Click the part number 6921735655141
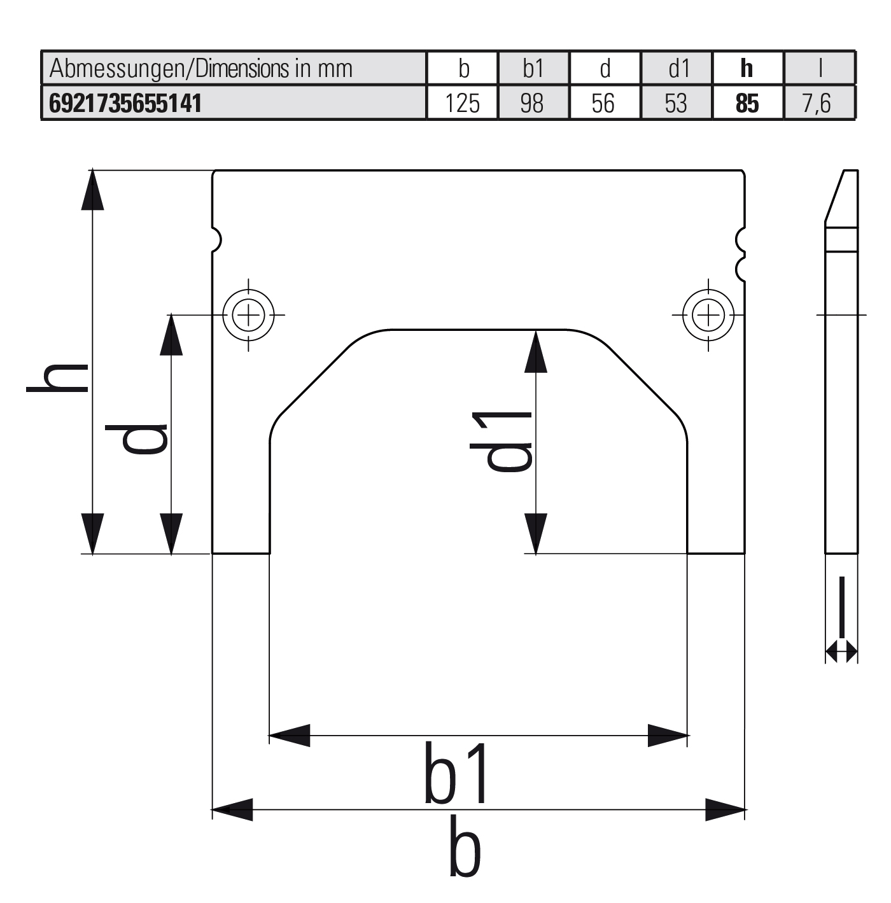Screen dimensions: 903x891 tap(125, 103)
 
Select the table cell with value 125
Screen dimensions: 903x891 tap(463, 103)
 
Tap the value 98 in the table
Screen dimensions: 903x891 tap(533, 103)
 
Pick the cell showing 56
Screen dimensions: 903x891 tap(603, 103)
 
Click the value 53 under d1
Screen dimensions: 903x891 tap(676, 103)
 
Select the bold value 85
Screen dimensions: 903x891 tap(747, 103)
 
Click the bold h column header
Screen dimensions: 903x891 tap(747, 68)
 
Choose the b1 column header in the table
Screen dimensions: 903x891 tap(533, 68)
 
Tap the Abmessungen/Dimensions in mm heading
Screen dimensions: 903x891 tap(201, 68)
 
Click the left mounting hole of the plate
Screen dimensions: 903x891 tap(248, 314)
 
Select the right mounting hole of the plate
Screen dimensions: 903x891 tap(708, 314)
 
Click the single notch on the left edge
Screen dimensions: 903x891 tap(216, 239)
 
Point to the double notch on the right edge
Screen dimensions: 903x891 tap(740, 253)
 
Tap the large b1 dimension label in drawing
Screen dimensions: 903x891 tap(458, 773)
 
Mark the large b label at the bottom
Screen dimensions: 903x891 tap(465, 846)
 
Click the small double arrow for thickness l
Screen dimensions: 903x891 tap(841, 652)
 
